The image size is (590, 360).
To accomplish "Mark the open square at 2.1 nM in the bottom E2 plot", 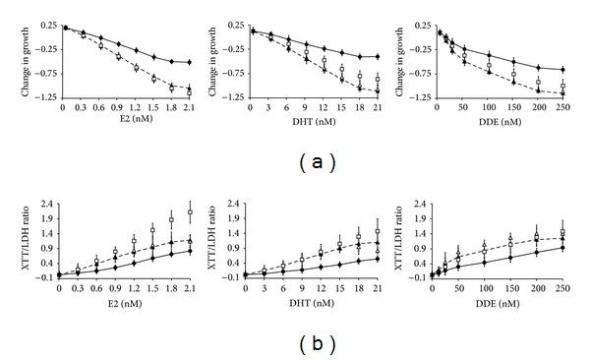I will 189,212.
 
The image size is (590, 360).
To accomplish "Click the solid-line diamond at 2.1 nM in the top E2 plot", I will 189,63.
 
